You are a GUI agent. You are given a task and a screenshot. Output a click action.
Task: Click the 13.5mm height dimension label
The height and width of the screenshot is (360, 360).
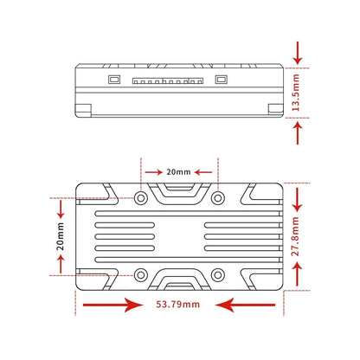[x=296, y=93]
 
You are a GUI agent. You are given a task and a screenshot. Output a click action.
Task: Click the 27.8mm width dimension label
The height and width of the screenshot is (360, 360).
[x=295, y=236]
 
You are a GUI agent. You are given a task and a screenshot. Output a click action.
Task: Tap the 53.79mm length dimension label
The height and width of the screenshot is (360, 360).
[x=178, y=305]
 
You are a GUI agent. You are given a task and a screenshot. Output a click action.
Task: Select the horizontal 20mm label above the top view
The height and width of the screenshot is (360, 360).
[x=178, y=172]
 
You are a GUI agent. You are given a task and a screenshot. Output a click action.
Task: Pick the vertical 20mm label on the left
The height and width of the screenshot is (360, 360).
[x=60, y=236]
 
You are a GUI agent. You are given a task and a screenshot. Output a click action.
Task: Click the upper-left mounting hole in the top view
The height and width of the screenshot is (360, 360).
[x=141, y=198]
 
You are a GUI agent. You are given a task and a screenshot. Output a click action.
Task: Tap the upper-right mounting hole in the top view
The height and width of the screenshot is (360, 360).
[x=218, y=198]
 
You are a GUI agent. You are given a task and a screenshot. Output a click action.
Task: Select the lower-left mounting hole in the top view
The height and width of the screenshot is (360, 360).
[x=141, y=275]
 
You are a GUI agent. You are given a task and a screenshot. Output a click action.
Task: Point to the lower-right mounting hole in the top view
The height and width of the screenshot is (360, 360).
[x=218, y=275]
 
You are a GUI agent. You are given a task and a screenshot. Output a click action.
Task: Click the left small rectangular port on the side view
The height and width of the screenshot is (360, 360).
[x=114, y=80]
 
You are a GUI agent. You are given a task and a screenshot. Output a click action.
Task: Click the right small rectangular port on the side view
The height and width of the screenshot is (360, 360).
[x=222, y=80]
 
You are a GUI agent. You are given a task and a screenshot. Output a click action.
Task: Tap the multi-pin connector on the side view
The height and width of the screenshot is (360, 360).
[x=168, y=80]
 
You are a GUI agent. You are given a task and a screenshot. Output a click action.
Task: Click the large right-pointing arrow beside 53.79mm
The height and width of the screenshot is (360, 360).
[x=112, y=305]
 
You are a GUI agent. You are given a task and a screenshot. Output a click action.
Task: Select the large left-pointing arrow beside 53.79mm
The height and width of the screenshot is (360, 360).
[x=245, y=305]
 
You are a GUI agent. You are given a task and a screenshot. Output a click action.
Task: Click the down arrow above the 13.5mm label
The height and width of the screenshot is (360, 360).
[x=298, y=53]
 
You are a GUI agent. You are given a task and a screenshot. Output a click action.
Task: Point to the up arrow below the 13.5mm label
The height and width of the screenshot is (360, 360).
[x=298, y=132]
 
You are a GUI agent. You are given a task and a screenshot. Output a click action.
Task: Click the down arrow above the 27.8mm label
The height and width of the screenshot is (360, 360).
[x=297, y=200]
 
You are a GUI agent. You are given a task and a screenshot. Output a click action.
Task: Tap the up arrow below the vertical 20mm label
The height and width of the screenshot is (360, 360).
[x=61, y=264]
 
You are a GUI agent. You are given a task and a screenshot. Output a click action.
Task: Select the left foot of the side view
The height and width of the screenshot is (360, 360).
[x=83, y=111]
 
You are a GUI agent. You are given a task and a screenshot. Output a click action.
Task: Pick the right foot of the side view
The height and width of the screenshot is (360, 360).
[x=276, y=111]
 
